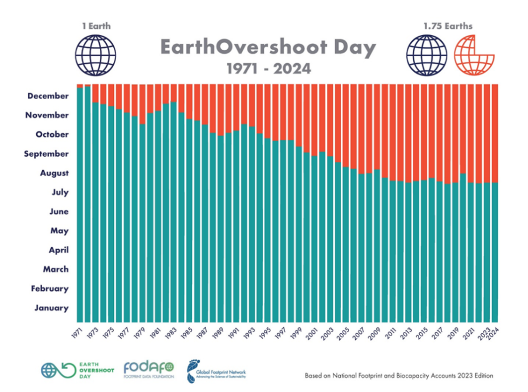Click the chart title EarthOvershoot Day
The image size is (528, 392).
coord(268,48)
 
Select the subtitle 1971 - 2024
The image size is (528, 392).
coord(269,68)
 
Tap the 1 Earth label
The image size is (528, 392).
coord(96,26)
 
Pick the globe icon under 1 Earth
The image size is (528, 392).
coord(96,54)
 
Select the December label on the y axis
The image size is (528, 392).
coord(48,96)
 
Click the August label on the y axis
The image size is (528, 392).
coord(54,173)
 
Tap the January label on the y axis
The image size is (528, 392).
coord(52,308)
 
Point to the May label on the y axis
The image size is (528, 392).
coord(60,231)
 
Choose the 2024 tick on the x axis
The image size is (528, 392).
coord(494,333)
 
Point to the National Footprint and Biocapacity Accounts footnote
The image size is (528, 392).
coord(399,376)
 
